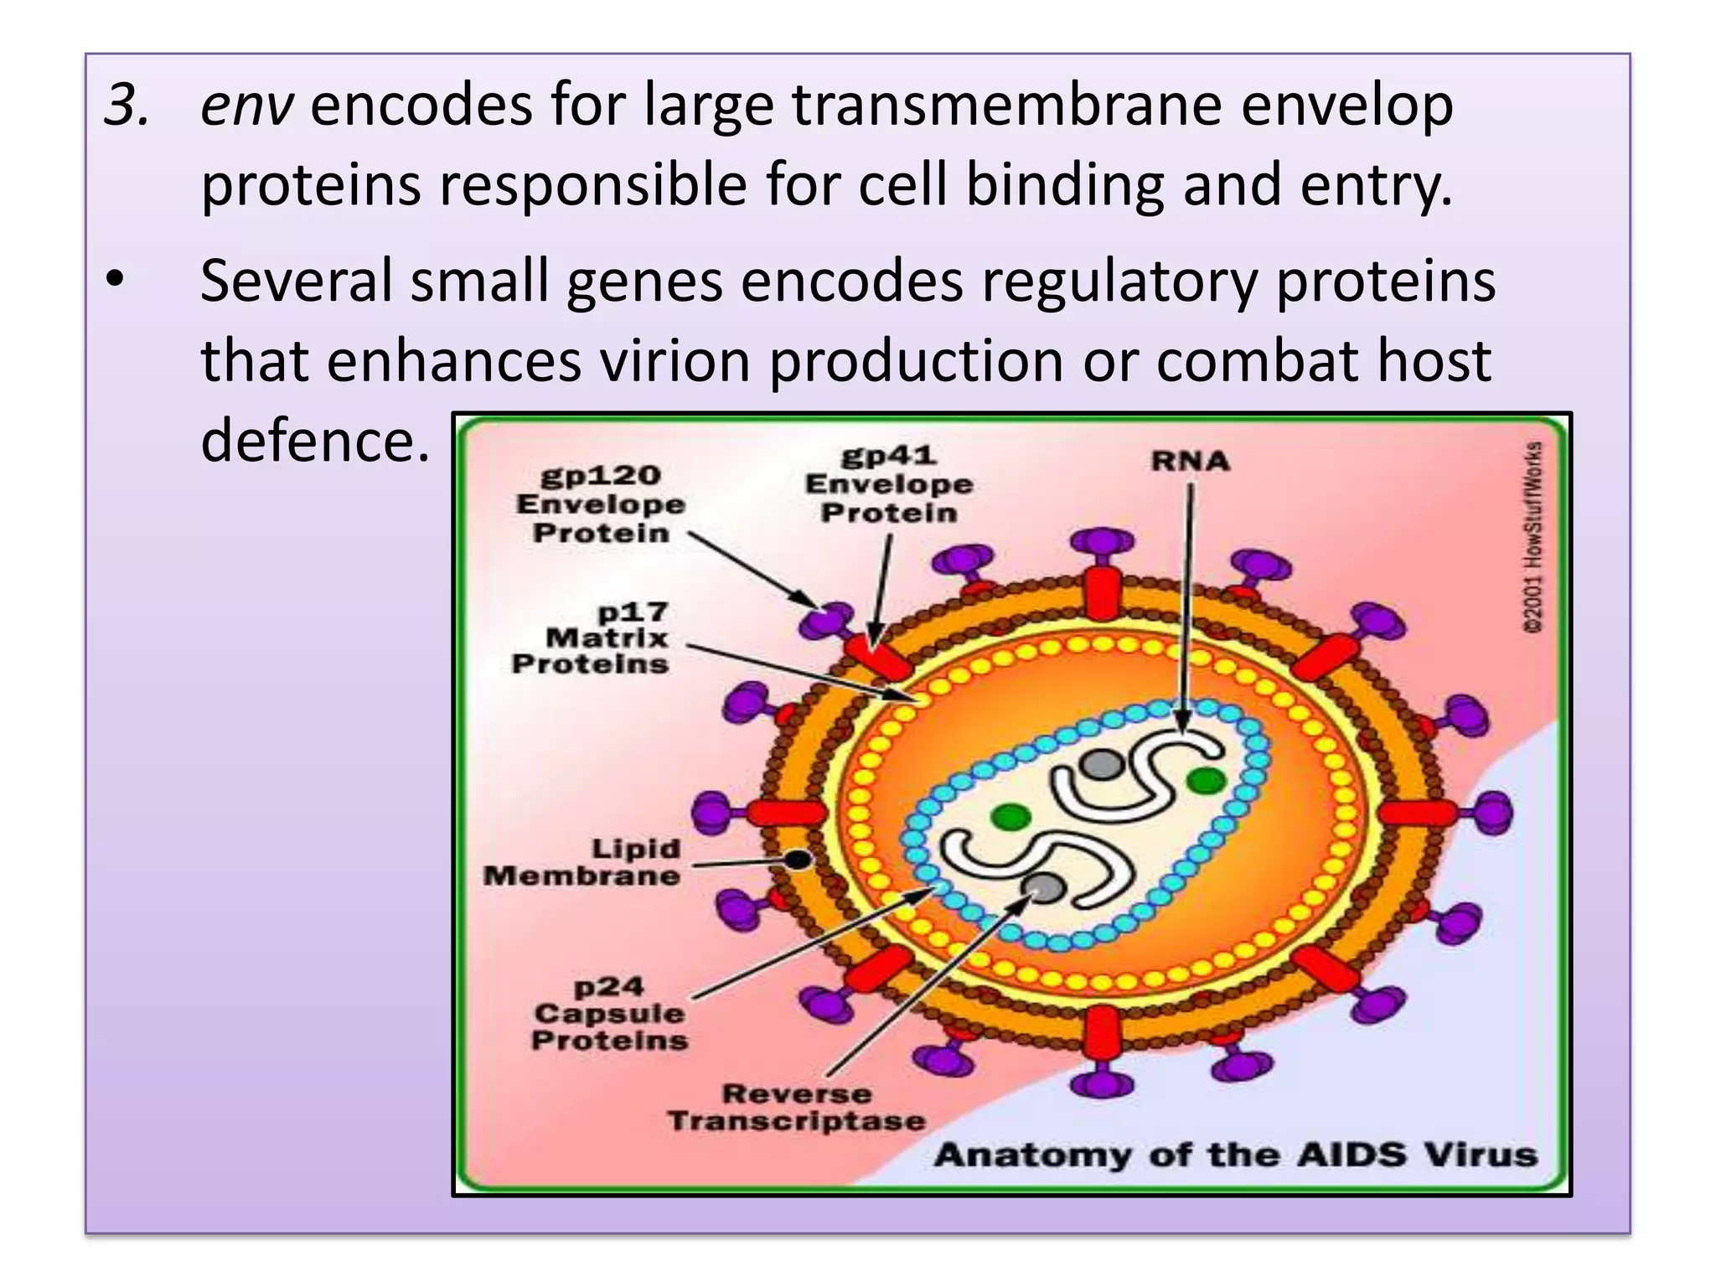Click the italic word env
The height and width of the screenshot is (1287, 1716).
[x=246, y=106]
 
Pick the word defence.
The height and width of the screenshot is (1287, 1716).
[x=315, y=441]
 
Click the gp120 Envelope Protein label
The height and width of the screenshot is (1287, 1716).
[x=601, y=504]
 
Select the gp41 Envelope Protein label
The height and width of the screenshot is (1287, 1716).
[x=889, y=484]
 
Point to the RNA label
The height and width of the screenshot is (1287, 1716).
[x=1190, y=461]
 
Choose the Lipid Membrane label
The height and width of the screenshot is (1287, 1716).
[x=583, y=862]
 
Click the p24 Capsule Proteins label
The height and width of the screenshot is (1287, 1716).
[x=610, y=1013]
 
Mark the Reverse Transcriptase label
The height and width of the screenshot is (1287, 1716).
[x=797, y=1107]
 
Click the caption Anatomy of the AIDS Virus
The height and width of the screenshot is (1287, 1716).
[x=1235, y=1155]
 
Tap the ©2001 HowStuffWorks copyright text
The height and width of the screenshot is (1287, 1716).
[x=1533, y=536]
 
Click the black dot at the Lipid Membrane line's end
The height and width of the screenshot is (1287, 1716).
[x=798, y=860]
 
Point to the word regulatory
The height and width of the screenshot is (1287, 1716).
[x=1119, y=282]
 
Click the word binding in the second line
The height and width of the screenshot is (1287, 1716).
[x=1065, y=185]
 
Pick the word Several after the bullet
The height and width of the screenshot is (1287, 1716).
[x=295, y=282]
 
